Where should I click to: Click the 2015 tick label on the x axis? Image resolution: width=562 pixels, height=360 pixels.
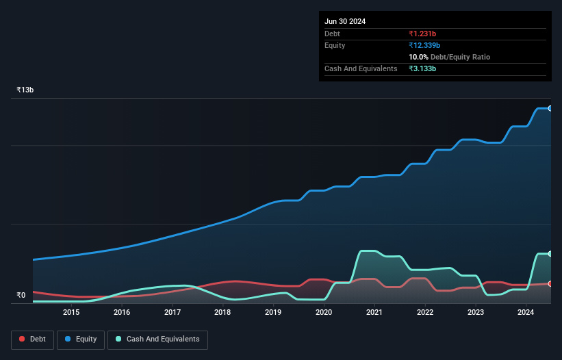[71, 313]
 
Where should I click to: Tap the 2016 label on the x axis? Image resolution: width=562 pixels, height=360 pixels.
[122, 313]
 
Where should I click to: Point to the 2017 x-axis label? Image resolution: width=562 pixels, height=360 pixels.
[173, 313]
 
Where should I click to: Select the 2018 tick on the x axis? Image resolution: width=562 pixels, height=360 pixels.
[222, 313]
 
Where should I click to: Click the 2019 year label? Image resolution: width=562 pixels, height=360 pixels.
[273, 313]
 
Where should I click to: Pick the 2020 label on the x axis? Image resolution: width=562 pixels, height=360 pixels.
[324, 313]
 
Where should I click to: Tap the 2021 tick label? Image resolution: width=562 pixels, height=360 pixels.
[374, 313]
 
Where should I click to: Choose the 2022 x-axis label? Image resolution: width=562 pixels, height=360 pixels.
[425, 313]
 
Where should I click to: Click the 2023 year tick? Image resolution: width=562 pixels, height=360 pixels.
[475, 313]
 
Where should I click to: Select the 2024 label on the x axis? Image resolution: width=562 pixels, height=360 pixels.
[526, 313]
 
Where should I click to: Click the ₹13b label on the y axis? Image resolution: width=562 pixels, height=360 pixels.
[25, 90]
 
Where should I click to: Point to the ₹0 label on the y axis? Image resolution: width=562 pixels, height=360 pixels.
[21, 296]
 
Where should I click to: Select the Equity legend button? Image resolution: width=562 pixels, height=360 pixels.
[80, 339]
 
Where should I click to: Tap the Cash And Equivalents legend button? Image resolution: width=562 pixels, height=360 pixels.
[157, 339]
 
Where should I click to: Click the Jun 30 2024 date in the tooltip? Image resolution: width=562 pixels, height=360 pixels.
[345, 21]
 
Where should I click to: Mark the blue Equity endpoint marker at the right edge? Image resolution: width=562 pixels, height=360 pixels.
[550, 108]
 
